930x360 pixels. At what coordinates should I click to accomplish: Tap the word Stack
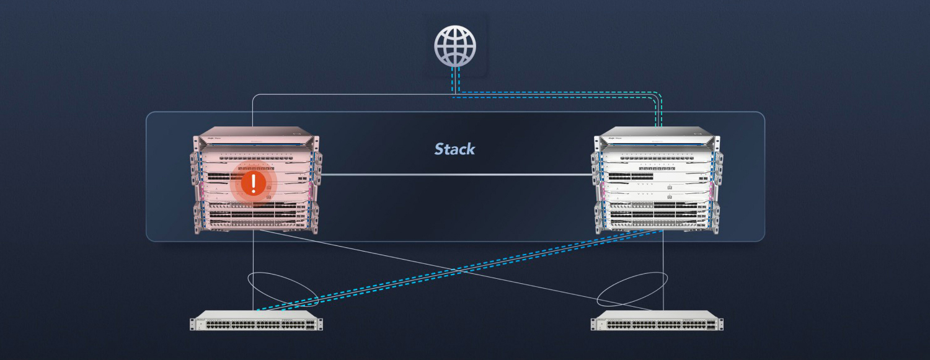454,149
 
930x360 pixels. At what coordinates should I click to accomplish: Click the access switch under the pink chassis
256,323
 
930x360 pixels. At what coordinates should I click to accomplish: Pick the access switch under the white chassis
657,323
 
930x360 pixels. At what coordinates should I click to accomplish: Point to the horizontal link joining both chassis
456,175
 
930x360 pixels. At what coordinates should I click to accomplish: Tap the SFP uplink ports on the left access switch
310,323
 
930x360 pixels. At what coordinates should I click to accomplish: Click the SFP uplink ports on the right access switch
711,323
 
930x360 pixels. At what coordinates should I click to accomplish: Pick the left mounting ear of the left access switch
193,323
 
